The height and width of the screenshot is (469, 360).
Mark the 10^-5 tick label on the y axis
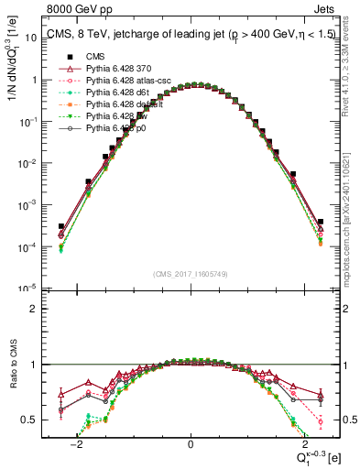[30, 289]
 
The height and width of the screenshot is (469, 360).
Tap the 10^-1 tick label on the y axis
[30, 122]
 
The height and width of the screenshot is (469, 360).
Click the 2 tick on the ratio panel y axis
[35, 309]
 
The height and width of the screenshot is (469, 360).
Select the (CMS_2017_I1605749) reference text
[190, 275]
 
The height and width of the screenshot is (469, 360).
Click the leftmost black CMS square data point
[61, 226]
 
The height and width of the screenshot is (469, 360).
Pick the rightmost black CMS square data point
[321, 221]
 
